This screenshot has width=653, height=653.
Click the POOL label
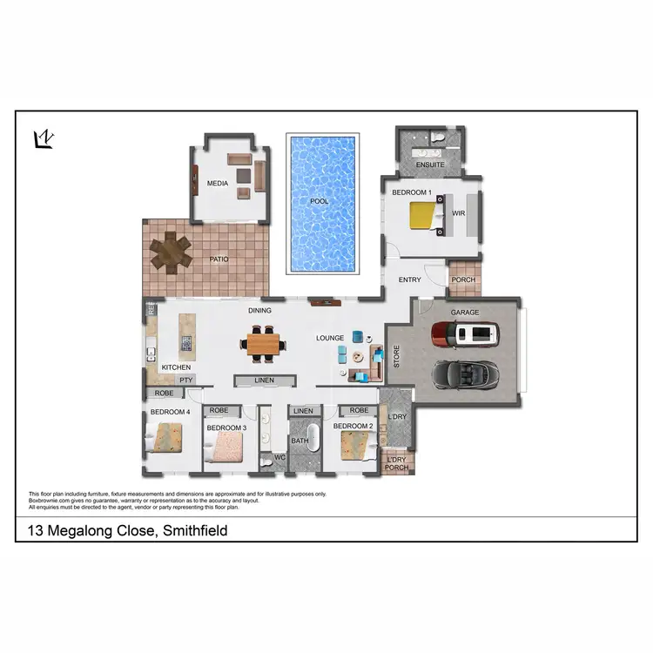click(320, 201)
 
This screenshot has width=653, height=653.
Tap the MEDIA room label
click(217, 184)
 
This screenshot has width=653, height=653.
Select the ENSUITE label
click(430, 165)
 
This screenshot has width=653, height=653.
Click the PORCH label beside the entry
click(463, 279)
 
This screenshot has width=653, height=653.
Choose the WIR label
click(458, 212)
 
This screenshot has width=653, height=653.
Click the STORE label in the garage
click(396, 357)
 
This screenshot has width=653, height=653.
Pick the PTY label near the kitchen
click(185, 380)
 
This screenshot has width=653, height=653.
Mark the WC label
click(279, 456)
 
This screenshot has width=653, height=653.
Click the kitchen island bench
click(185, 335)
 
